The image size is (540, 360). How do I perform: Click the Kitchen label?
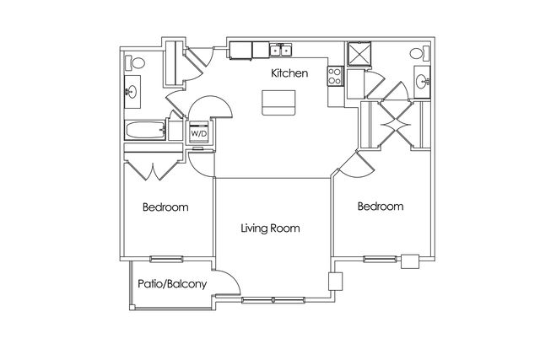click(289, 73)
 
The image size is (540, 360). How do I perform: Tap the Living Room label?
click(270, 228)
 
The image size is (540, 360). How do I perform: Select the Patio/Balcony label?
click(172, 284)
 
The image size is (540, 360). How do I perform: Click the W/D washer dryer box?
click(199, 132)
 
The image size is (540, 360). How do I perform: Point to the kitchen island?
click(278, 103)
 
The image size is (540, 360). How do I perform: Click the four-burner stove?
click(336, 76)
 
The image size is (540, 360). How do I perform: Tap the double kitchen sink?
click(281, 50)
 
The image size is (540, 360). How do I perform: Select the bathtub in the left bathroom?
click(145, 130)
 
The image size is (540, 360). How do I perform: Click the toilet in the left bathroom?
click(135, 62)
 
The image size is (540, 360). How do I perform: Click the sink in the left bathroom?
click(132, 92)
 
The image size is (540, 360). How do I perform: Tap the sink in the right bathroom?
click(422, 82)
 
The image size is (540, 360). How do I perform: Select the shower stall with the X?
click(359, 53)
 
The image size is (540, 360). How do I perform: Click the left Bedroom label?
click(165, 207)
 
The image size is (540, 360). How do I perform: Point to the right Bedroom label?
click(381, 207)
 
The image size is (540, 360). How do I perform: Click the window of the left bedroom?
click(166, 259)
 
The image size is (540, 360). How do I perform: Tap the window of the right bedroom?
click(381, 259)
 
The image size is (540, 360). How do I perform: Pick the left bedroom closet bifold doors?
click(152, 170)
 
